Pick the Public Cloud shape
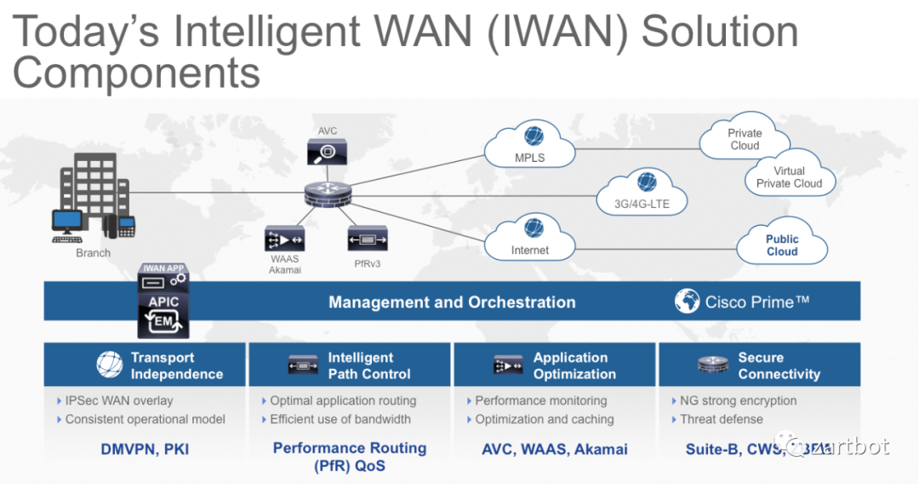tap(781, 245)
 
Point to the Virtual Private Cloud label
tap(789, 177)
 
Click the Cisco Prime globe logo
tap(688, 302)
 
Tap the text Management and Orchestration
tap(452, 302)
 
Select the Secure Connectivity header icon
tap(712, 366)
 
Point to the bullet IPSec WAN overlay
tap(118, 400)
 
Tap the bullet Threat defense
tap(721, 419)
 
